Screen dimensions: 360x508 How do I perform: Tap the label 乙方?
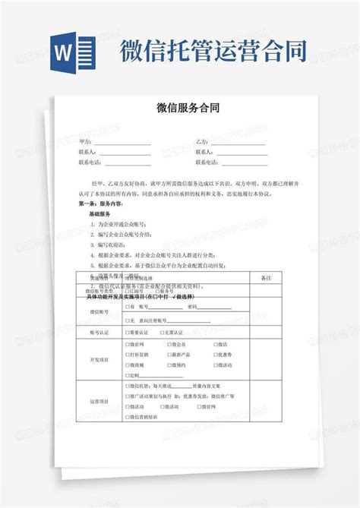[201, 142]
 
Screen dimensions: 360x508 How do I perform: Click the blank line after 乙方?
[237, 143]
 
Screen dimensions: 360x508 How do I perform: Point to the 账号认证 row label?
[101, 332]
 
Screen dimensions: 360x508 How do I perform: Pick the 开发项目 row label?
[101, 359]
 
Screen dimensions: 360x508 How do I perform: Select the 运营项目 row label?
[101, 401]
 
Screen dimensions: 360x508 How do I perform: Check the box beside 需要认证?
[127, 333]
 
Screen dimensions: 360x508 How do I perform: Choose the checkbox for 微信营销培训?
[127, 418]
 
